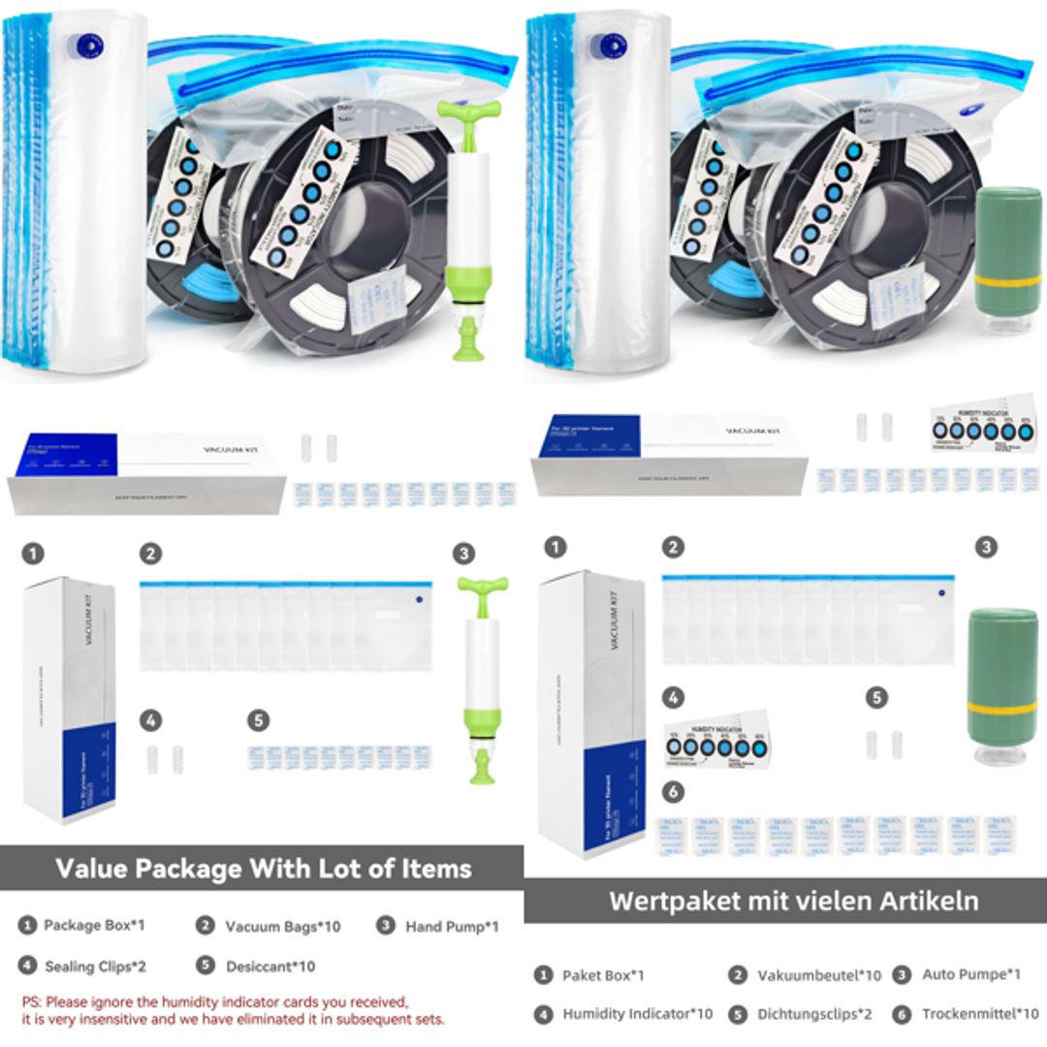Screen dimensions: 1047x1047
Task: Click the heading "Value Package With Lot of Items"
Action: click(x=263, y=868)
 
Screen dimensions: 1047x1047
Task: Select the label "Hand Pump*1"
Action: click(x=452, y=926)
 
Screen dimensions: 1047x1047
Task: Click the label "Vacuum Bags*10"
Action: click(x=282, y=926)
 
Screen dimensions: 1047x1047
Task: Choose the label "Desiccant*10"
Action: click(x=270, y=966)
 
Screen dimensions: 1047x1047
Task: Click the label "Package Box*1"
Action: click(x=94, y=925)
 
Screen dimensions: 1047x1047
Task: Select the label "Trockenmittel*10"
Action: click(x=980, y=1014)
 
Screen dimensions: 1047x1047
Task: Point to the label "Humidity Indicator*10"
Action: click(x=637, y=1014)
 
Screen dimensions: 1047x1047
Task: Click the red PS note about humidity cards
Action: click(x=233, y=1009)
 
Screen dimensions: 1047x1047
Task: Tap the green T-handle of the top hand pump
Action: click(x=468, y=110)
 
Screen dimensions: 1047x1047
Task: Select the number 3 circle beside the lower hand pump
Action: click(x=464, y=554)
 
